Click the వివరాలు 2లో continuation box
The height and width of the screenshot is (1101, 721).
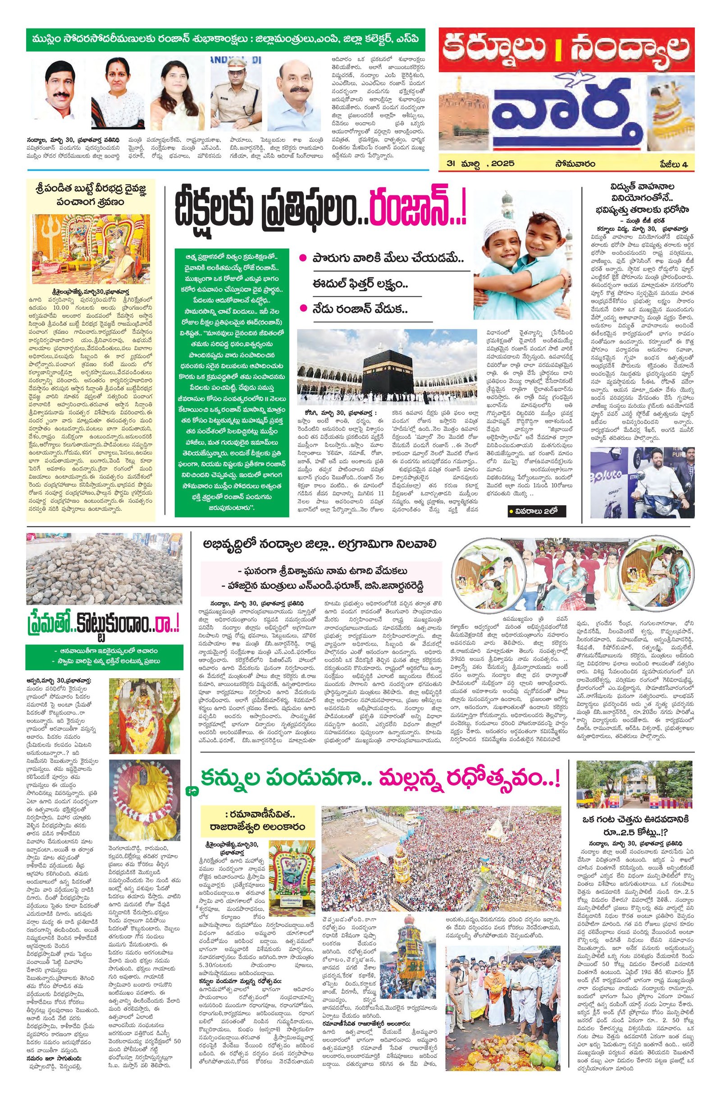537,511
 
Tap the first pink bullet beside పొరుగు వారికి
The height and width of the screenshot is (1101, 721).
303,258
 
